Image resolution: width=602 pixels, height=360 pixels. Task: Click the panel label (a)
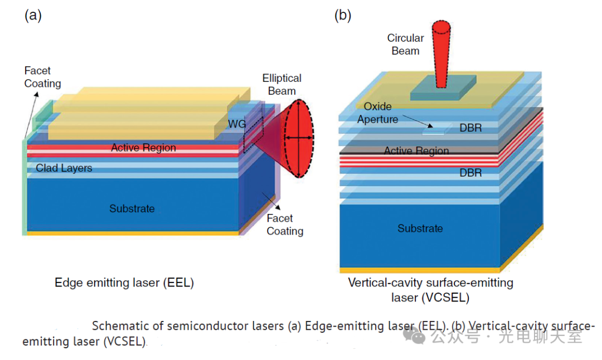tap(33, 16)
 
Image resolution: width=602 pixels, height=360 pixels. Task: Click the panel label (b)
tap(342, 16)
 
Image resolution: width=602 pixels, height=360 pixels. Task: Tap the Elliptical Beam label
tap(282, 84)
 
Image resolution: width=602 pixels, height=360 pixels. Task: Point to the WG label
tap(236, 124)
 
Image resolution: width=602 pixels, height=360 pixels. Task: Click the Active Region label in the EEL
tap(143, 148)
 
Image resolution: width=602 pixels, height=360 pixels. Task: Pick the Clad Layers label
tap(64, 168)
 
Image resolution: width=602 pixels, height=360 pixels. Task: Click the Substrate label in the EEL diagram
tap(132, 209)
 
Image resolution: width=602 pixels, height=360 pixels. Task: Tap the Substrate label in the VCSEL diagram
tap(420, 228)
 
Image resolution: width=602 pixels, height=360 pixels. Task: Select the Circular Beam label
tap(405, 45)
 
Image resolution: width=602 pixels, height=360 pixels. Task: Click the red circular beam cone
tap(441, 56)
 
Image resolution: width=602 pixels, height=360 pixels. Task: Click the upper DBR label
tap(470, 128)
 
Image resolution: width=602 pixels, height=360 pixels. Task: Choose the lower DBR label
tap(470, 173)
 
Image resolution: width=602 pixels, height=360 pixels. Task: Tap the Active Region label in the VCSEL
tap(416, 151)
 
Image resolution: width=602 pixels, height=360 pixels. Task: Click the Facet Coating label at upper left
tap(42, 77)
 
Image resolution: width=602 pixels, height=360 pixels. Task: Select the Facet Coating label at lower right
tap(285, 225)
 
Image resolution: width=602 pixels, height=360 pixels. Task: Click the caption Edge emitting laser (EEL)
tap(124, 283)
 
